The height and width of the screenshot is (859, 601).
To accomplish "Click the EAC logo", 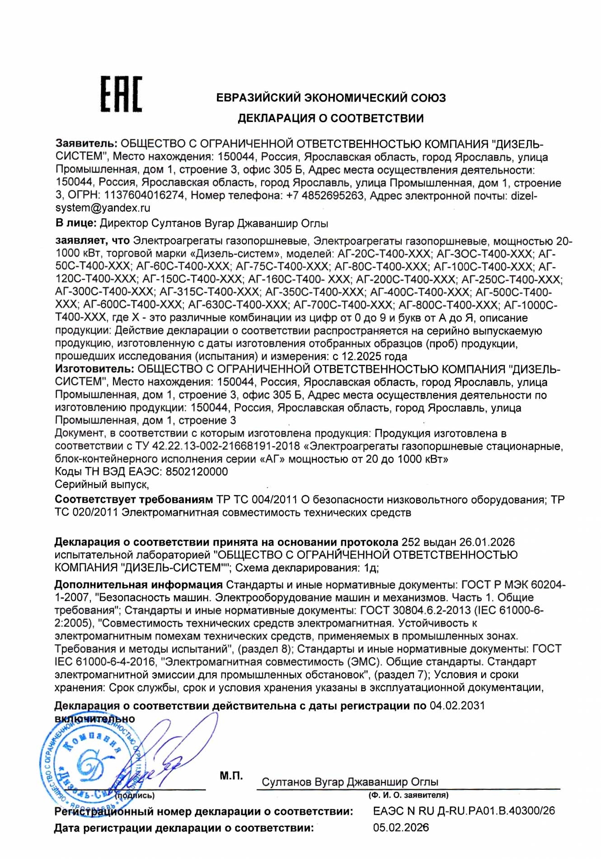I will (x=121, y=94).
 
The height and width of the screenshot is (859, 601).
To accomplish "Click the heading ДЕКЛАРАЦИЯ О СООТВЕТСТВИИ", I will (x=331, y=118).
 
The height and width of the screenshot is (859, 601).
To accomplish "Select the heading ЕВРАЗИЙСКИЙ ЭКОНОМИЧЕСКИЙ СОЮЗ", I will (x=331, y=98).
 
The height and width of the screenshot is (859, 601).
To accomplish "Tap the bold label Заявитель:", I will (x=86, y=144).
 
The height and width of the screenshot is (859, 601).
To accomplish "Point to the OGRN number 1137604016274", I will (x=144, y=195).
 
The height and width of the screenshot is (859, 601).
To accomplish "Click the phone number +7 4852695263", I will (x=325, y=195).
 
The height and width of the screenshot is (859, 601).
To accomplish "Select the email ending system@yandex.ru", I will (x=103, y=208).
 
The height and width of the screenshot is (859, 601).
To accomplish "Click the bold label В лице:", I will (x=75, y=223).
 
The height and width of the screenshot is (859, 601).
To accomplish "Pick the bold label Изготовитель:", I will (x=94, y=369).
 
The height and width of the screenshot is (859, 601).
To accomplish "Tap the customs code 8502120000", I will (x=197, y=472).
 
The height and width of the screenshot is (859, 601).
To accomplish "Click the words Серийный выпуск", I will (x=102, y=484).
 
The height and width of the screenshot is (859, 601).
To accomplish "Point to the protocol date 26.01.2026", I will (x=487, y=542).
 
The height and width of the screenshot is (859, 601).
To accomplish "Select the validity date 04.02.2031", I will (x=457, y=705).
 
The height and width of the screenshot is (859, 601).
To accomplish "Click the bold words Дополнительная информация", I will (x=138, y=585).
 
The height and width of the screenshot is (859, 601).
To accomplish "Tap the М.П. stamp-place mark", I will (x=231, y=776).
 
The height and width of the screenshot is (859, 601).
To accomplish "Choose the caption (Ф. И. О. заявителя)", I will (x=408, y=795).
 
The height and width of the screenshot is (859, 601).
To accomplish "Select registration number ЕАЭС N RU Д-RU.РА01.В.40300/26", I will (x=464, y=811).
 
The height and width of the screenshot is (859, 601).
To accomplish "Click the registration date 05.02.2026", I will (x=400, y=828).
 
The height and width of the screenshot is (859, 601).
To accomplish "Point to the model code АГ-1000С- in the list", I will (x=531, y=305).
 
